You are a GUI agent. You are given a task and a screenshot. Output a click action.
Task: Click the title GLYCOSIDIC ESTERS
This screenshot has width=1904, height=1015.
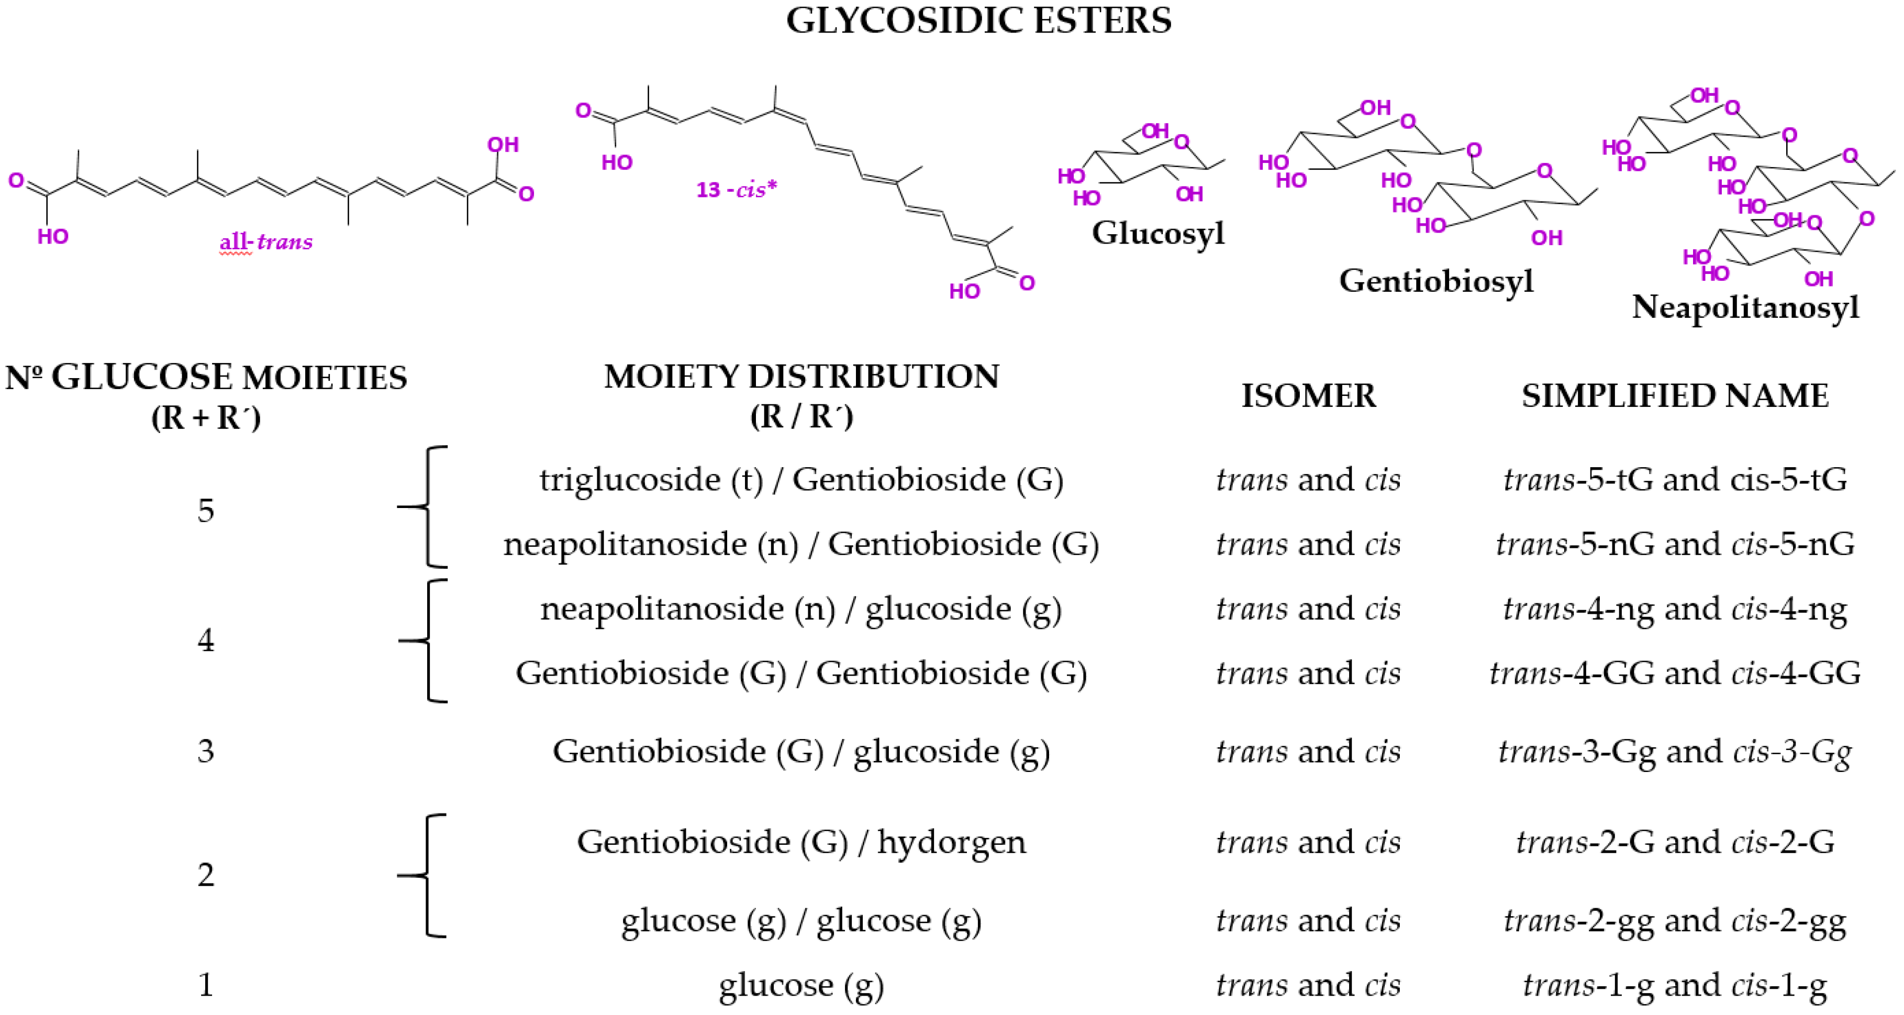point(978,21)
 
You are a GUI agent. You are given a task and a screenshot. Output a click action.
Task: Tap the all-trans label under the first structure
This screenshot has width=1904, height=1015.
point(266,242)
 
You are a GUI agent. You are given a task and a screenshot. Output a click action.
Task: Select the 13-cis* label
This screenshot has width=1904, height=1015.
point(736,190)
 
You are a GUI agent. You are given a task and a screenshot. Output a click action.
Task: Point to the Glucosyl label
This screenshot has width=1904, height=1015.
point(1157,233)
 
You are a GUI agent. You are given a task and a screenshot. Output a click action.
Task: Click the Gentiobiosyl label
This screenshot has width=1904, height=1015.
point(1435,281)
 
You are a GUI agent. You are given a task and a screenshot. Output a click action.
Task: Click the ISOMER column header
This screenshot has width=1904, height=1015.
point(1308,395)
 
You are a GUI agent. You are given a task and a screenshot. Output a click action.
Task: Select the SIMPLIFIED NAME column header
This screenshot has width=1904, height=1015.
point(1674,395)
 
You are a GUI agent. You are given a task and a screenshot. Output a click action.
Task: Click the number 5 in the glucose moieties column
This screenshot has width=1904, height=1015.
point(206,511)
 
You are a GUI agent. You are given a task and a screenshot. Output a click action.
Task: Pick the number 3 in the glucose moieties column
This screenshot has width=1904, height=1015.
point(206,751)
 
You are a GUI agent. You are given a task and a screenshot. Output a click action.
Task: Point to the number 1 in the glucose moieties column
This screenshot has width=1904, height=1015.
point(206,985)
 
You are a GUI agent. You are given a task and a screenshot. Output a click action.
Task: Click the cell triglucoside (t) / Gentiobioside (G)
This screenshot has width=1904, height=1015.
point(801,480)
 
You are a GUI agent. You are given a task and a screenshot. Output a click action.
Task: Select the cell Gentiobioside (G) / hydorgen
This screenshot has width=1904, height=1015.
point(801,842)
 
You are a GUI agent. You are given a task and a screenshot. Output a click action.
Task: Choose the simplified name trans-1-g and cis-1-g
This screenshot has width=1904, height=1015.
point(1674,985)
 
